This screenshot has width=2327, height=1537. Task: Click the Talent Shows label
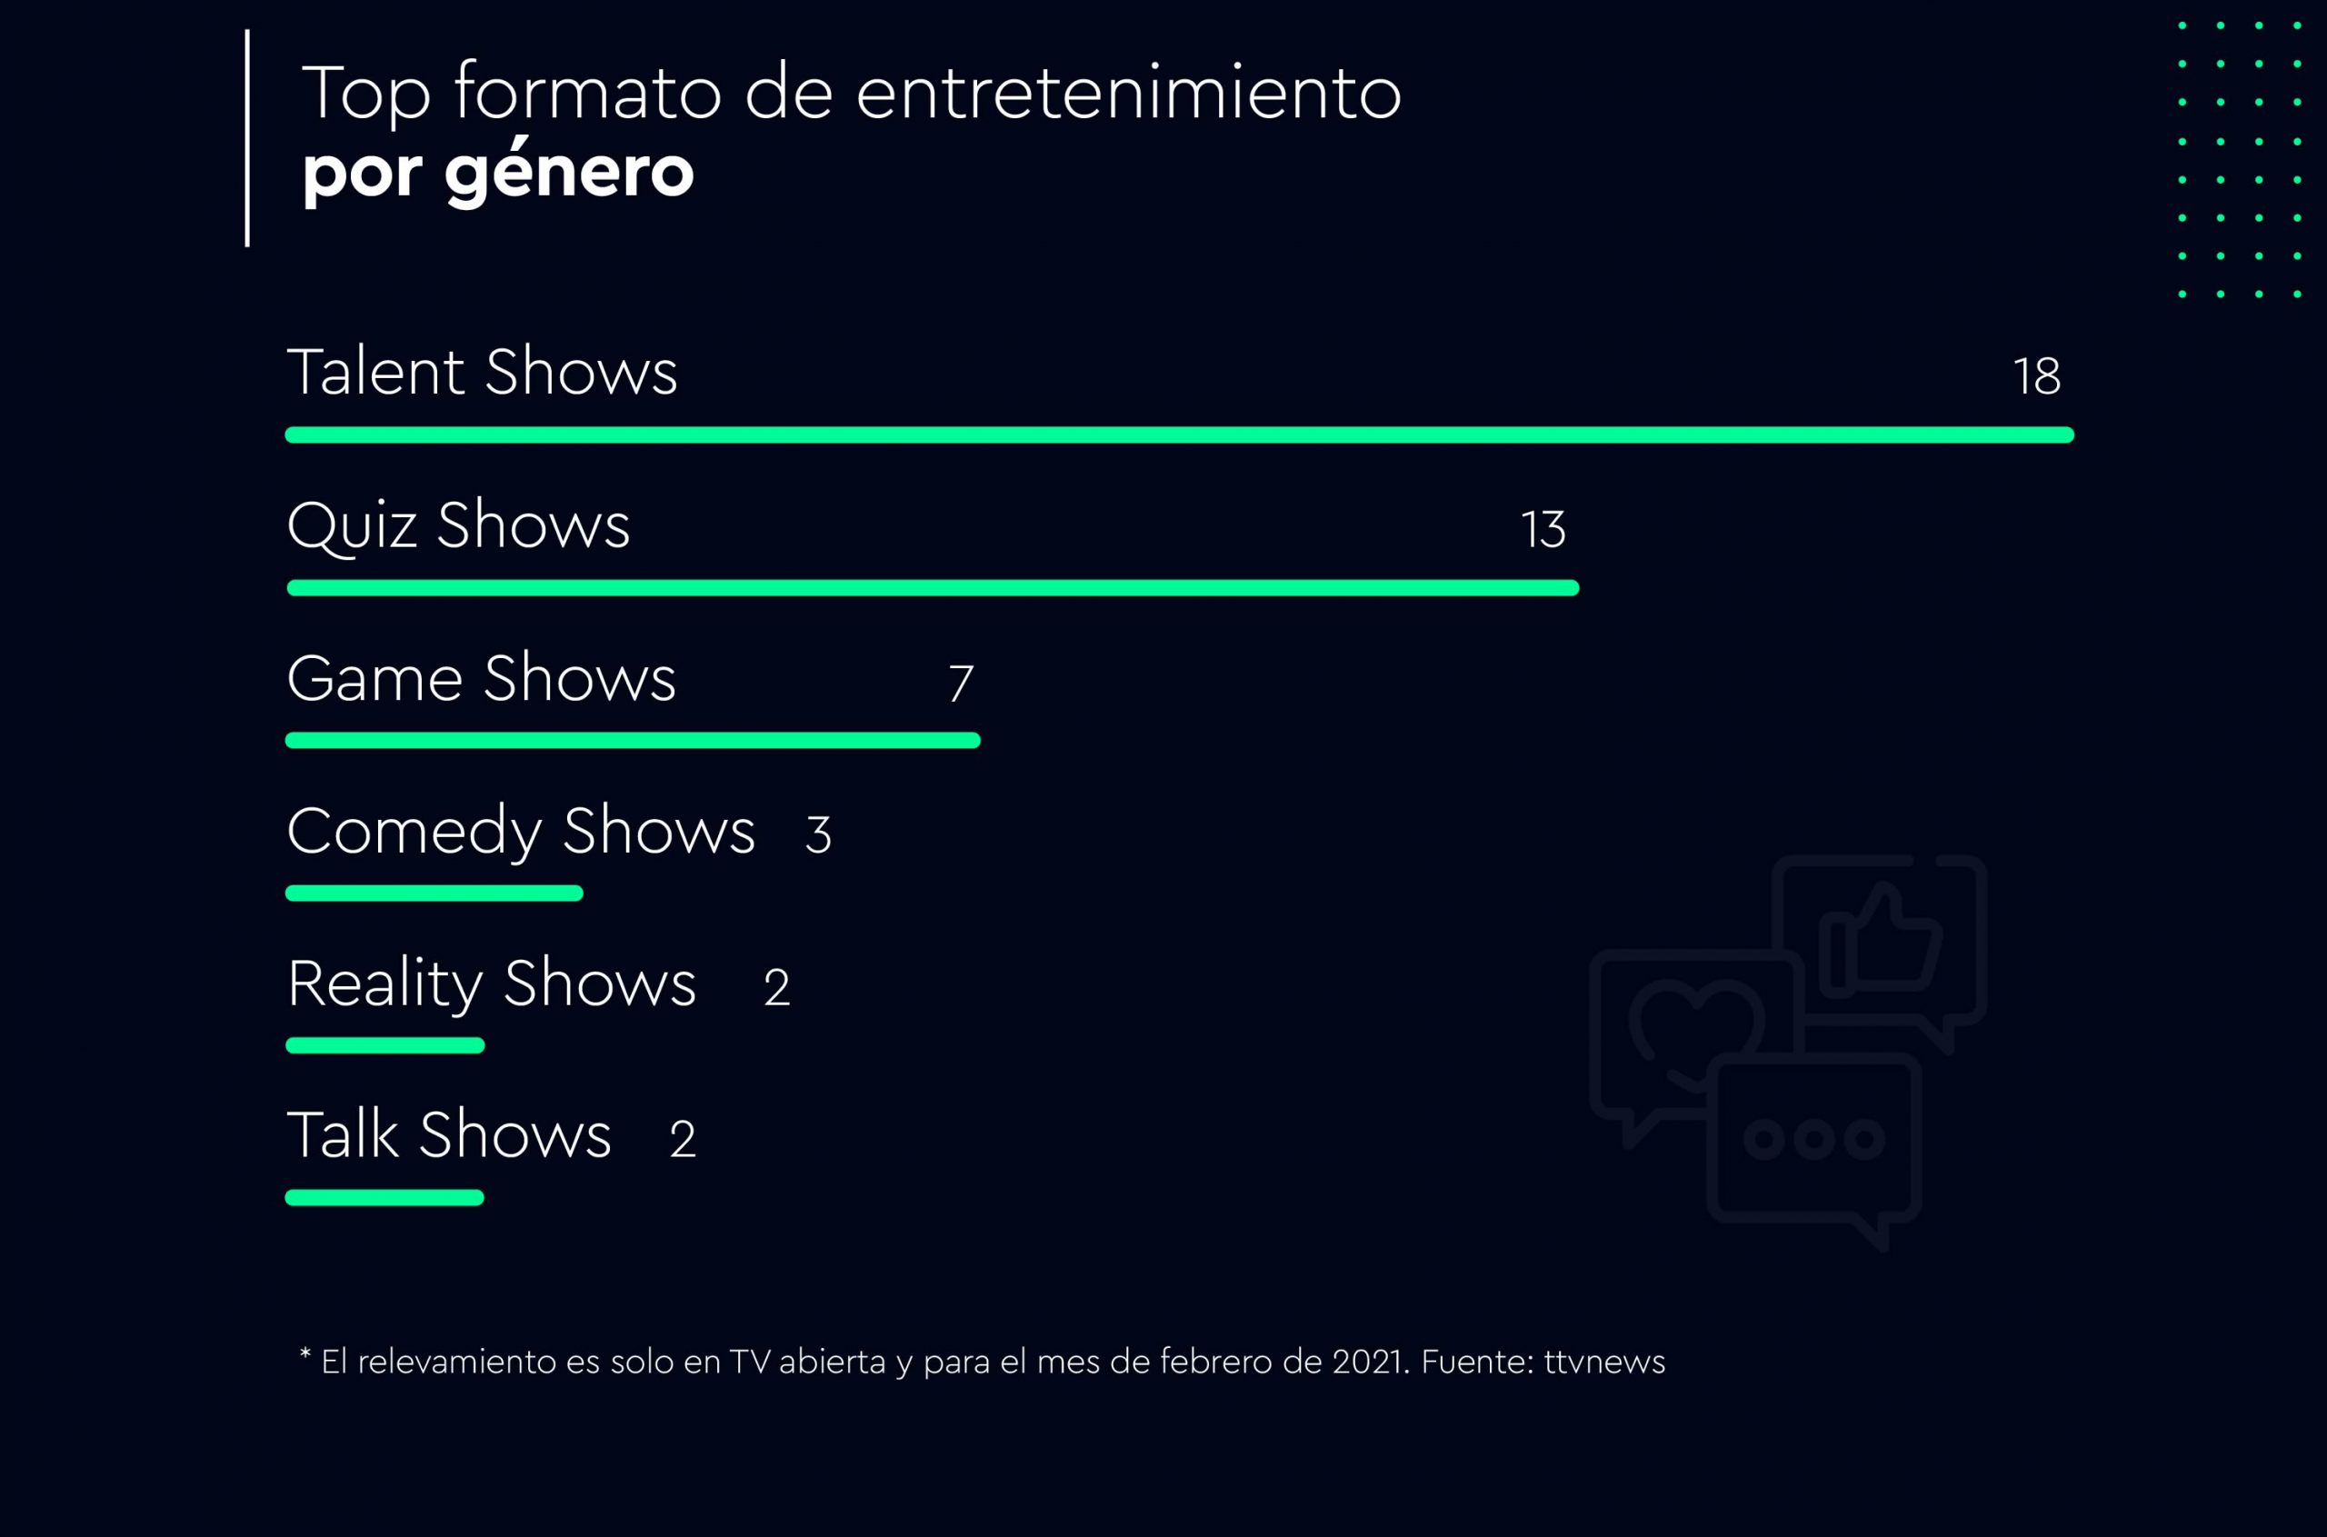[481, 373]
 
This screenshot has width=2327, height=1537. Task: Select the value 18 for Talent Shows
[2036, 376]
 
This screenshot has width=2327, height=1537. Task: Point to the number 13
[1543, 530]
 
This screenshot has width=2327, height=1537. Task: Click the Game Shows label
[480, 678]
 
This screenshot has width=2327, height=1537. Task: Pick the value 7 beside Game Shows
[961, 684]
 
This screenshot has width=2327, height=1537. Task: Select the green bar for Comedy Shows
[434, 893]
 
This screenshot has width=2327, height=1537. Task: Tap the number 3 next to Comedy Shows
[817, 835]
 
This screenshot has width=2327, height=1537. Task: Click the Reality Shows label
[491, 984]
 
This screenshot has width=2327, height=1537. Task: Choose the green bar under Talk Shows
[385, 1198]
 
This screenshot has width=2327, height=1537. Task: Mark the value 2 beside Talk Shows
[683, 1139]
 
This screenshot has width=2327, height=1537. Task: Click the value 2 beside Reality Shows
[776, 987]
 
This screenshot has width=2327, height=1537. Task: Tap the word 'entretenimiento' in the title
[1128, 95]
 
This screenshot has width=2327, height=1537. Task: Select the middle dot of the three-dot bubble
[1813, 1139]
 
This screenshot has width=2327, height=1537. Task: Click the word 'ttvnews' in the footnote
[1603, 1362]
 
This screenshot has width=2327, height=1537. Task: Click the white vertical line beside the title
[247, 137]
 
